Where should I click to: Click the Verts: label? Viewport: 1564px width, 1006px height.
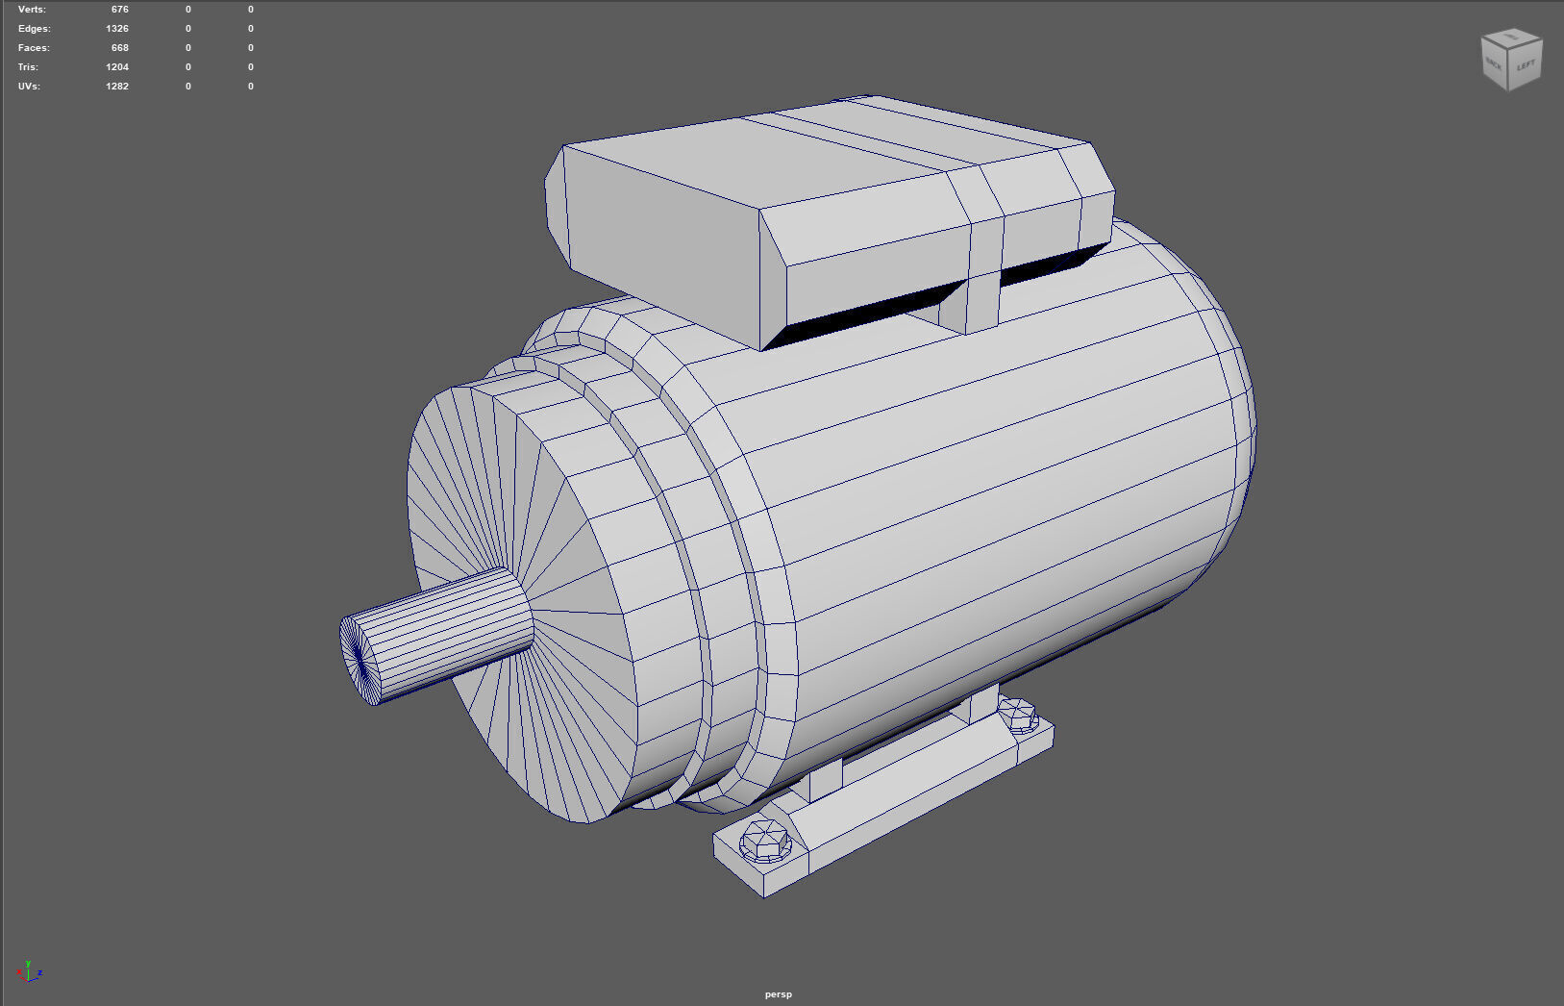click(32, 10)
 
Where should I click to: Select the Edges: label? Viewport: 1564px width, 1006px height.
click(34, 29)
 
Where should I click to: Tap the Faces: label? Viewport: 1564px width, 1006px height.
click(34, 48)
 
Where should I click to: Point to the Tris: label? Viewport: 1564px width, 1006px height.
click(28, 67)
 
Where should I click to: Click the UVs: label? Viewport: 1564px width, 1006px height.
click(29, 87)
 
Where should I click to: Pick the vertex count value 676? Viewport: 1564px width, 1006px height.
click(119, 10)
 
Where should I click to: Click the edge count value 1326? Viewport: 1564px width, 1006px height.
click(117, 29)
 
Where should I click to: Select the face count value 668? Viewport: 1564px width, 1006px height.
click(119, 48)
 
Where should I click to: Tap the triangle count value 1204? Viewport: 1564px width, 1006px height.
click(117, 67)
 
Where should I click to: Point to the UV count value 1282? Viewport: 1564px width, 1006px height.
click(117, 87)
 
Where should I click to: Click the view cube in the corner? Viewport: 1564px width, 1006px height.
click(1511, 60)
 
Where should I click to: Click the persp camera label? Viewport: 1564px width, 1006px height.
click(779, 994)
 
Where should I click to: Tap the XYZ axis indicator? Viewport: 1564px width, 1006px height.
click(29, 972)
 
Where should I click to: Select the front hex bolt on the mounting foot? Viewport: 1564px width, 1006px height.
click(765, 842)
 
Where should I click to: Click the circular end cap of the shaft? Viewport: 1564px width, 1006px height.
click(360, 660)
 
